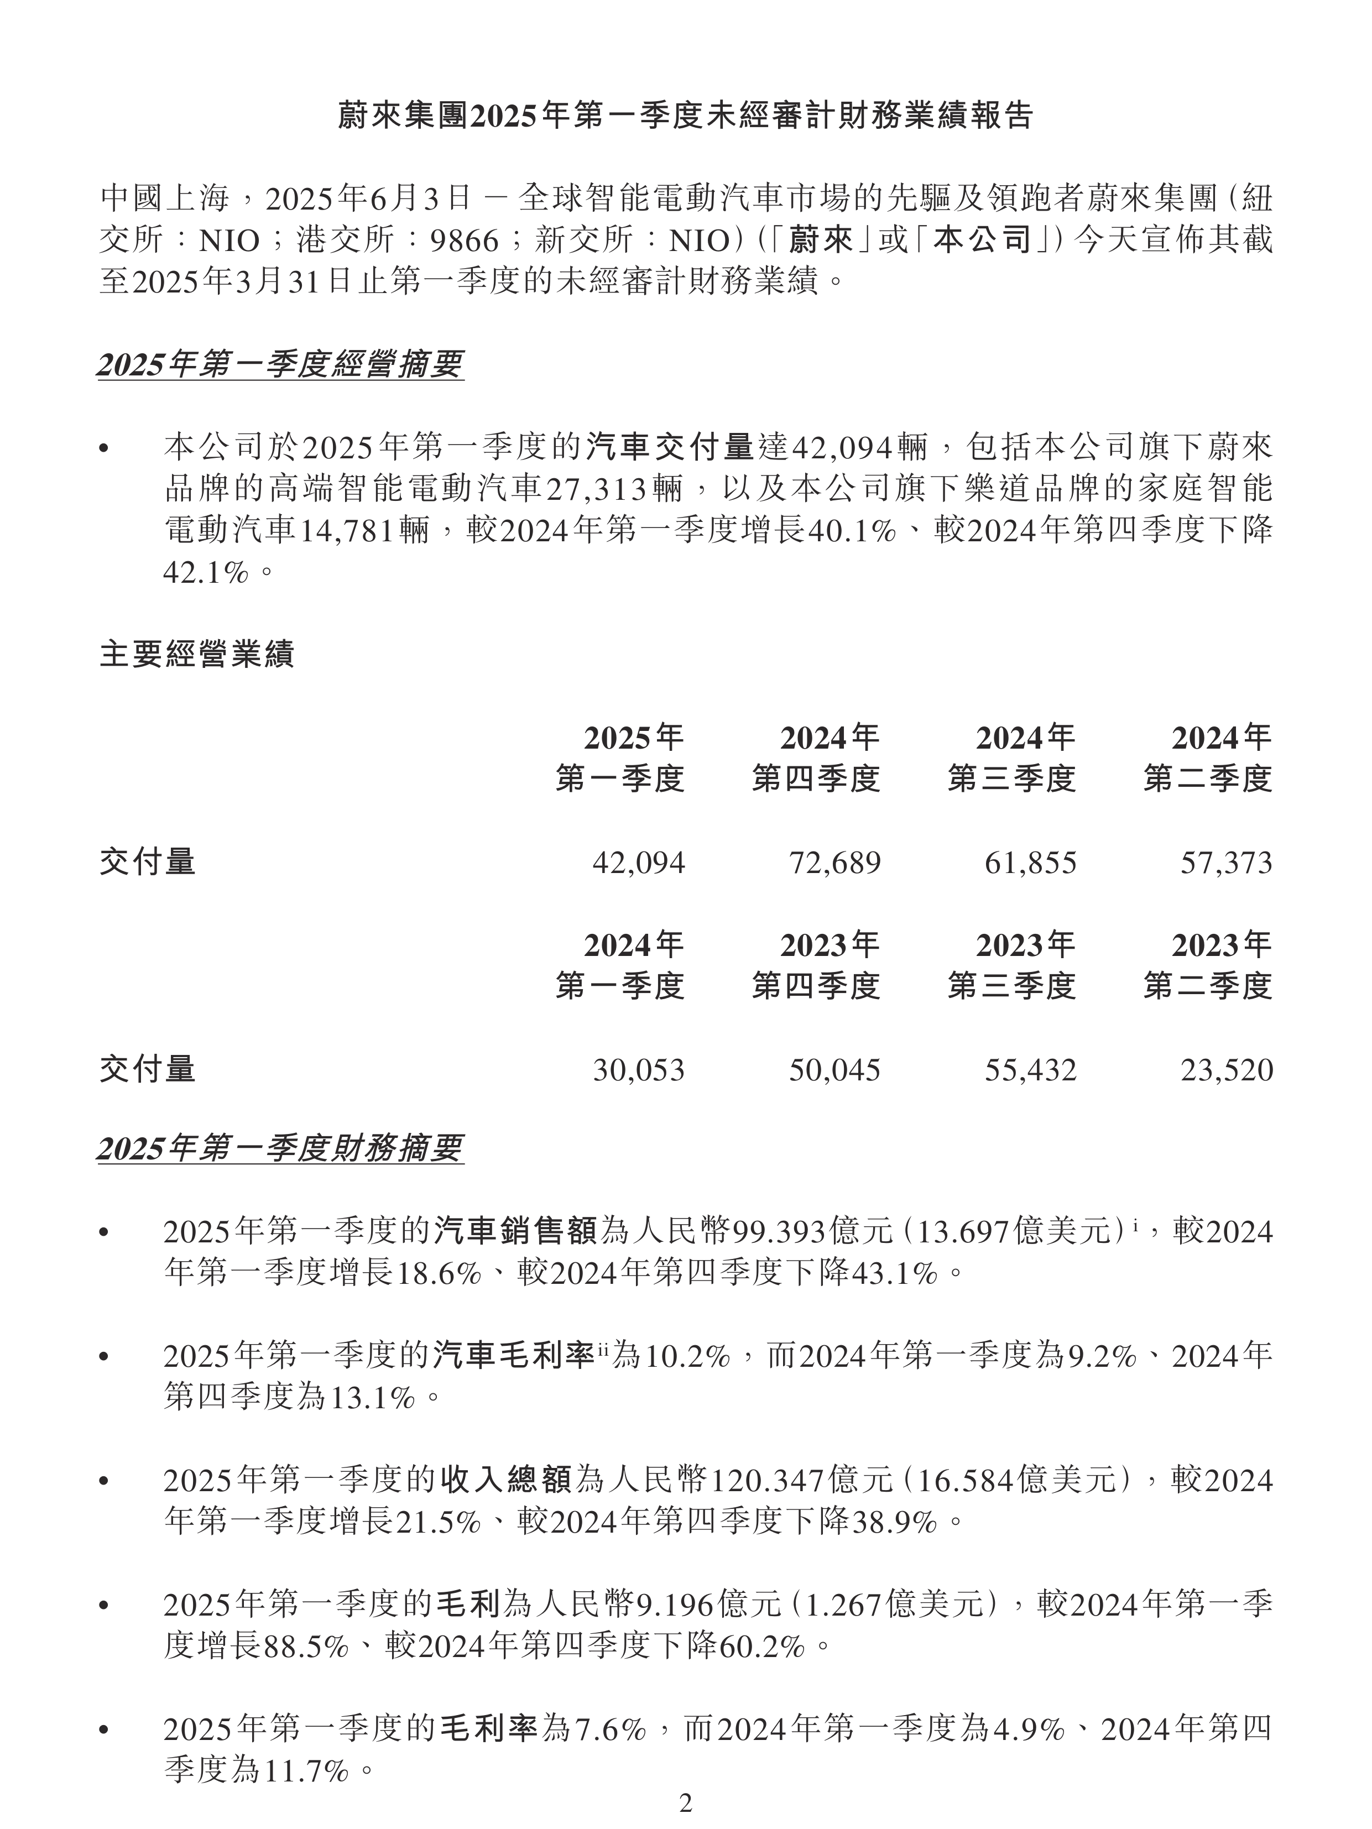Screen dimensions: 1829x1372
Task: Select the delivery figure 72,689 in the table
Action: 835,863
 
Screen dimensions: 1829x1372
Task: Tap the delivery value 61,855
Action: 1030,863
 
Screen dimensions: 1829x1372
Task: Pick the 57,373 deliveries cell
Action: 1227,863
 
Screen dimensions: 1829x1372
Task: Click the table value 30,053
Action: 639,1070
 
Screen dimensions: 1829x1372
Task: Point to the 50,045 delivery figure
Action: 835,1070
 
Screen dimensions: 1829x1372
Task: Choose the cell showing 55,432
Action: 1030,1070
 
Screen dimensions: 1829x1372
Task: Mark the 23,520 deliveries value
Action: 1227,1070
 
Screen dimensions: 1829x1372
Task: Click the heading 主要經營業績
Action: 197,655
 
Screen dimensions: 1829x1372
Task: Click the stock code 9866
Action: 465,241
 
